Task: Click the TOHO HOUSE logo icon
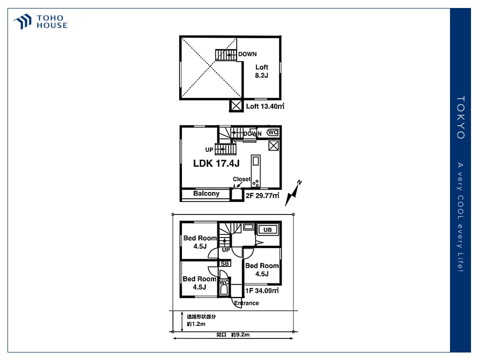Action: [22, 21]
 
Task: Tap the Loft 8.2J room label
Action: [261, 71]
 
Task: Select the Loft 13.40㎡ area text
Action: [265, 106]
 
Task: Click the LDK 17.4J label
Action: [216, 163]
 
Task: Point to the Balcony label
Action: [206, 193]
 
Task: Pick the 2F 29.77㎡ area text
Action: [262, 195]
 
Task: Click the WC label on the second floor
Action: [273, 132]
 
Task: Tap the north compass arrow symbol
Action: [293, 193]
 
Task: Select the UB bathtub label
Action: [267, 229]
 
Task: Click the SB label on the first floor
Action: [224, 263]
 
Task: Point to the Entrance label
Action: [246, 303]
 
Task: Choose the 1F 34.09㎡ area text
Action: [262, 290]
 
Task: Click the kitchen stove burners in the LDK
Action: [255, 183]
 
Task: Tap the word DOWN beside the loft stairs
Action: [247, 54]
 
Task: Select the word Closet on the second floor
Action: [241, 179]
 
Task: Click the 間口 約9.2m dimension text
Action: [233, 335]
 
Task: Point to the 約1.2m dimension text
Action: [196, 324]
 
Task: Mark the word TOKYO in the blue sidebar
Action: [460, 117]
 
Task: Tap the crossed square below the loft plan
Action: [236, 105]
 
